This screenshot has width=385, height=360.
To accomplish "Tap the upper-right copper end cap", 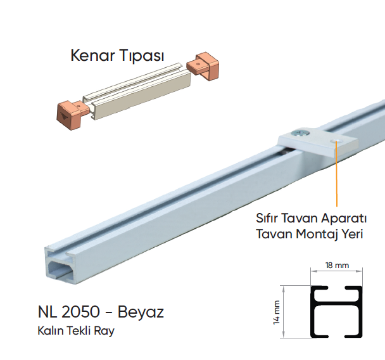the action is point(203,66).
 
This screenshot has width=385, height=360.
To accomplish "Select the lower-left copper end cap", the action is point(73,115).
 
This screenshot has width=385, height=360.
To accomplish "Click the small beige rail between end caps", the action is point(137,91).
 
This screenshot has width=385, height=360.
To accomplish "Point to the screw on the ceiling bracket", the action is point(300,133).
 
